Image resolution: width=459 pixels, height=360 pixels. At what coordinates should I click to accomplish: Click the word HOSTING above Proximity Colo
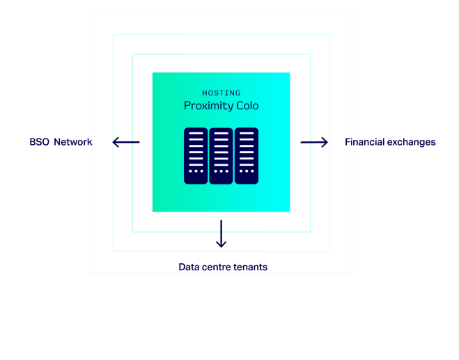click(221, 93)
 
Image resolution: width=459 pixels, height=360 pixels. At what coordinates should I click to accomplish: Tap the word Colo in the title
click(247, 106)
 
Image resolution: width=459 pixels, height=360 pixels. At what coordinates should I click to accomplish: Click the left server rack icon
click(196, 156)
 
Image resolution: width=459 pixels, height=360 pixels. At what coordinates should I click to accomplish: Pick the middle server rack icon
click(221, 156)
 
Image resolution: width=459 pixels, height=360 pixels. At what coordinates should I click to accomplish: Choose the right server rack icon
click(247, 156)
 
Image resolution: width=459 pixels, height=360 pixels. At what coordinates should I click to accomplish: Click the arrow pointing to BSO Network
click(126, 142)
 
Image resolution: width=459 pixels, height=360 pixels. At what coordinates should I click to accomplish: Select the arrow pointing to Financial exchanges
click(314, 142)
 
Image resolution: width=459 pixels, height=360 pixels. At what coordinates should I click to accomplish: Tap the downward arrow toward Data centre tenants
click(221, 234)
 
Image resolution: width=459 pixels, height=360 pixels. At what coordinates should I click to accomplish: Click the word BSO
click(40, 142)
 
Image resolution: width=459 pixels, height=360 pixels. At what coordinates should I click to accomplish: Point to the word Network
click(73, 142)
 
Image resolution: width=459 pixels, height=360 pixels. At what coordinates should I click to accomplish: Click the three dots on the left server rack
click(196, 171)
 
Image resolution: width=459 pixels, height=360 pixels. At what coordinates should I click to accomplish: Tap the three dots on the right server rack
click(247, 171)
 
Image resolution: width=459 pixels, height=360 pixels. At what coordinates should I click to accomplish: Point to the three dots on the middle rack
click(221, 171)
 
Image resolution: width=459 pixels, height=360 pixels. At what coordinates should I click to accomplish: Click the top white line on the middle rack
click(221, 134)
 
